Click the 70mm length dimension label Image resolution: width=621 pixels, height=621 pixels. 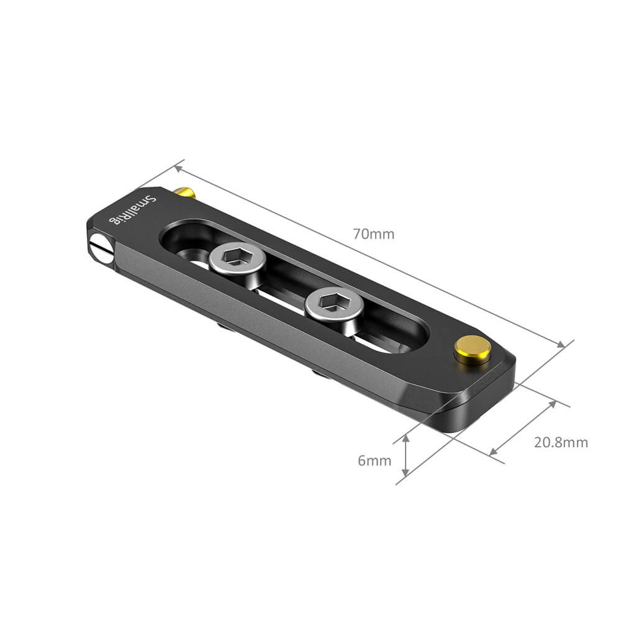tap(373, 234)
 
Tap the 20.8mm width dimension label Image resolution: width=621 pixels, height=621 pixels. tap(560, 442)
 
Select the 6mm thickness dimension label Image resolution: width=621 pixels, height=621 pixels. tap(374, 460)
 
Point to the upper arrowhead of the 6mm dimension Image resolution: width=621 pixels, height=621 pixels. tap(406, 438)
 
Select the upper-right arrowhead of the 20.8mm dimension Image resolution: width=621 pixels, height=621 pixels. tap(552, 404)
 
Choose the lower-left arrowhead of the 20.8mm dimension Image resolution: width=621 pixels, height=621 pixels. tap(494, 451)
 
